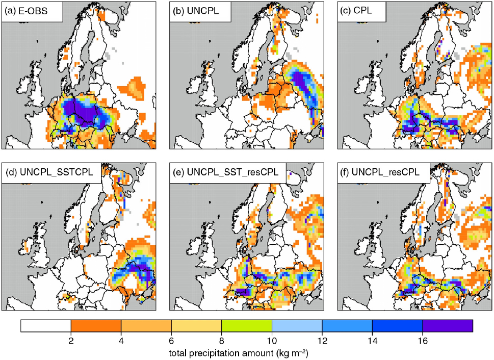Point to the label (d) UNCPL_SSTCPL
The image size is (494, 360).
48,172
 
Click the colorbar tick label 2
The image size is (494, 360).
71,341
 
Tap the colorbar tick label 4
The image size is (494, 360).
121,341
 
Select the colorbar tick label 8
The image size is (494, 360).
222,341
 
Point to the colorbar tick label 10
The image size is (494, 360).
272,341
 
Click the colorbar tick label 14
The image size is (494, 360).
372,341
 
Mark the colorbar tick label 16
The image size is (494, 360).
423,341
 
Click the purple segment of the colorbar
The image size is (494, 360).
448,326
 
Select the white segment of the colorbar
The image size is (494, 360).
46,326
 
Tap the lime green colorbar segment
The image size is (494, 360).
247,326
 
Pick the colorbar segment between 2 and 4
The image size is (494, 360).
96,326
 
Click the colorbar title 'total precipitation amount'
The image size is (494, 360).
221,353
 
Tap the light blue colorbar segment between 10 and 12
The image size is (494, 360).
297,326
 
